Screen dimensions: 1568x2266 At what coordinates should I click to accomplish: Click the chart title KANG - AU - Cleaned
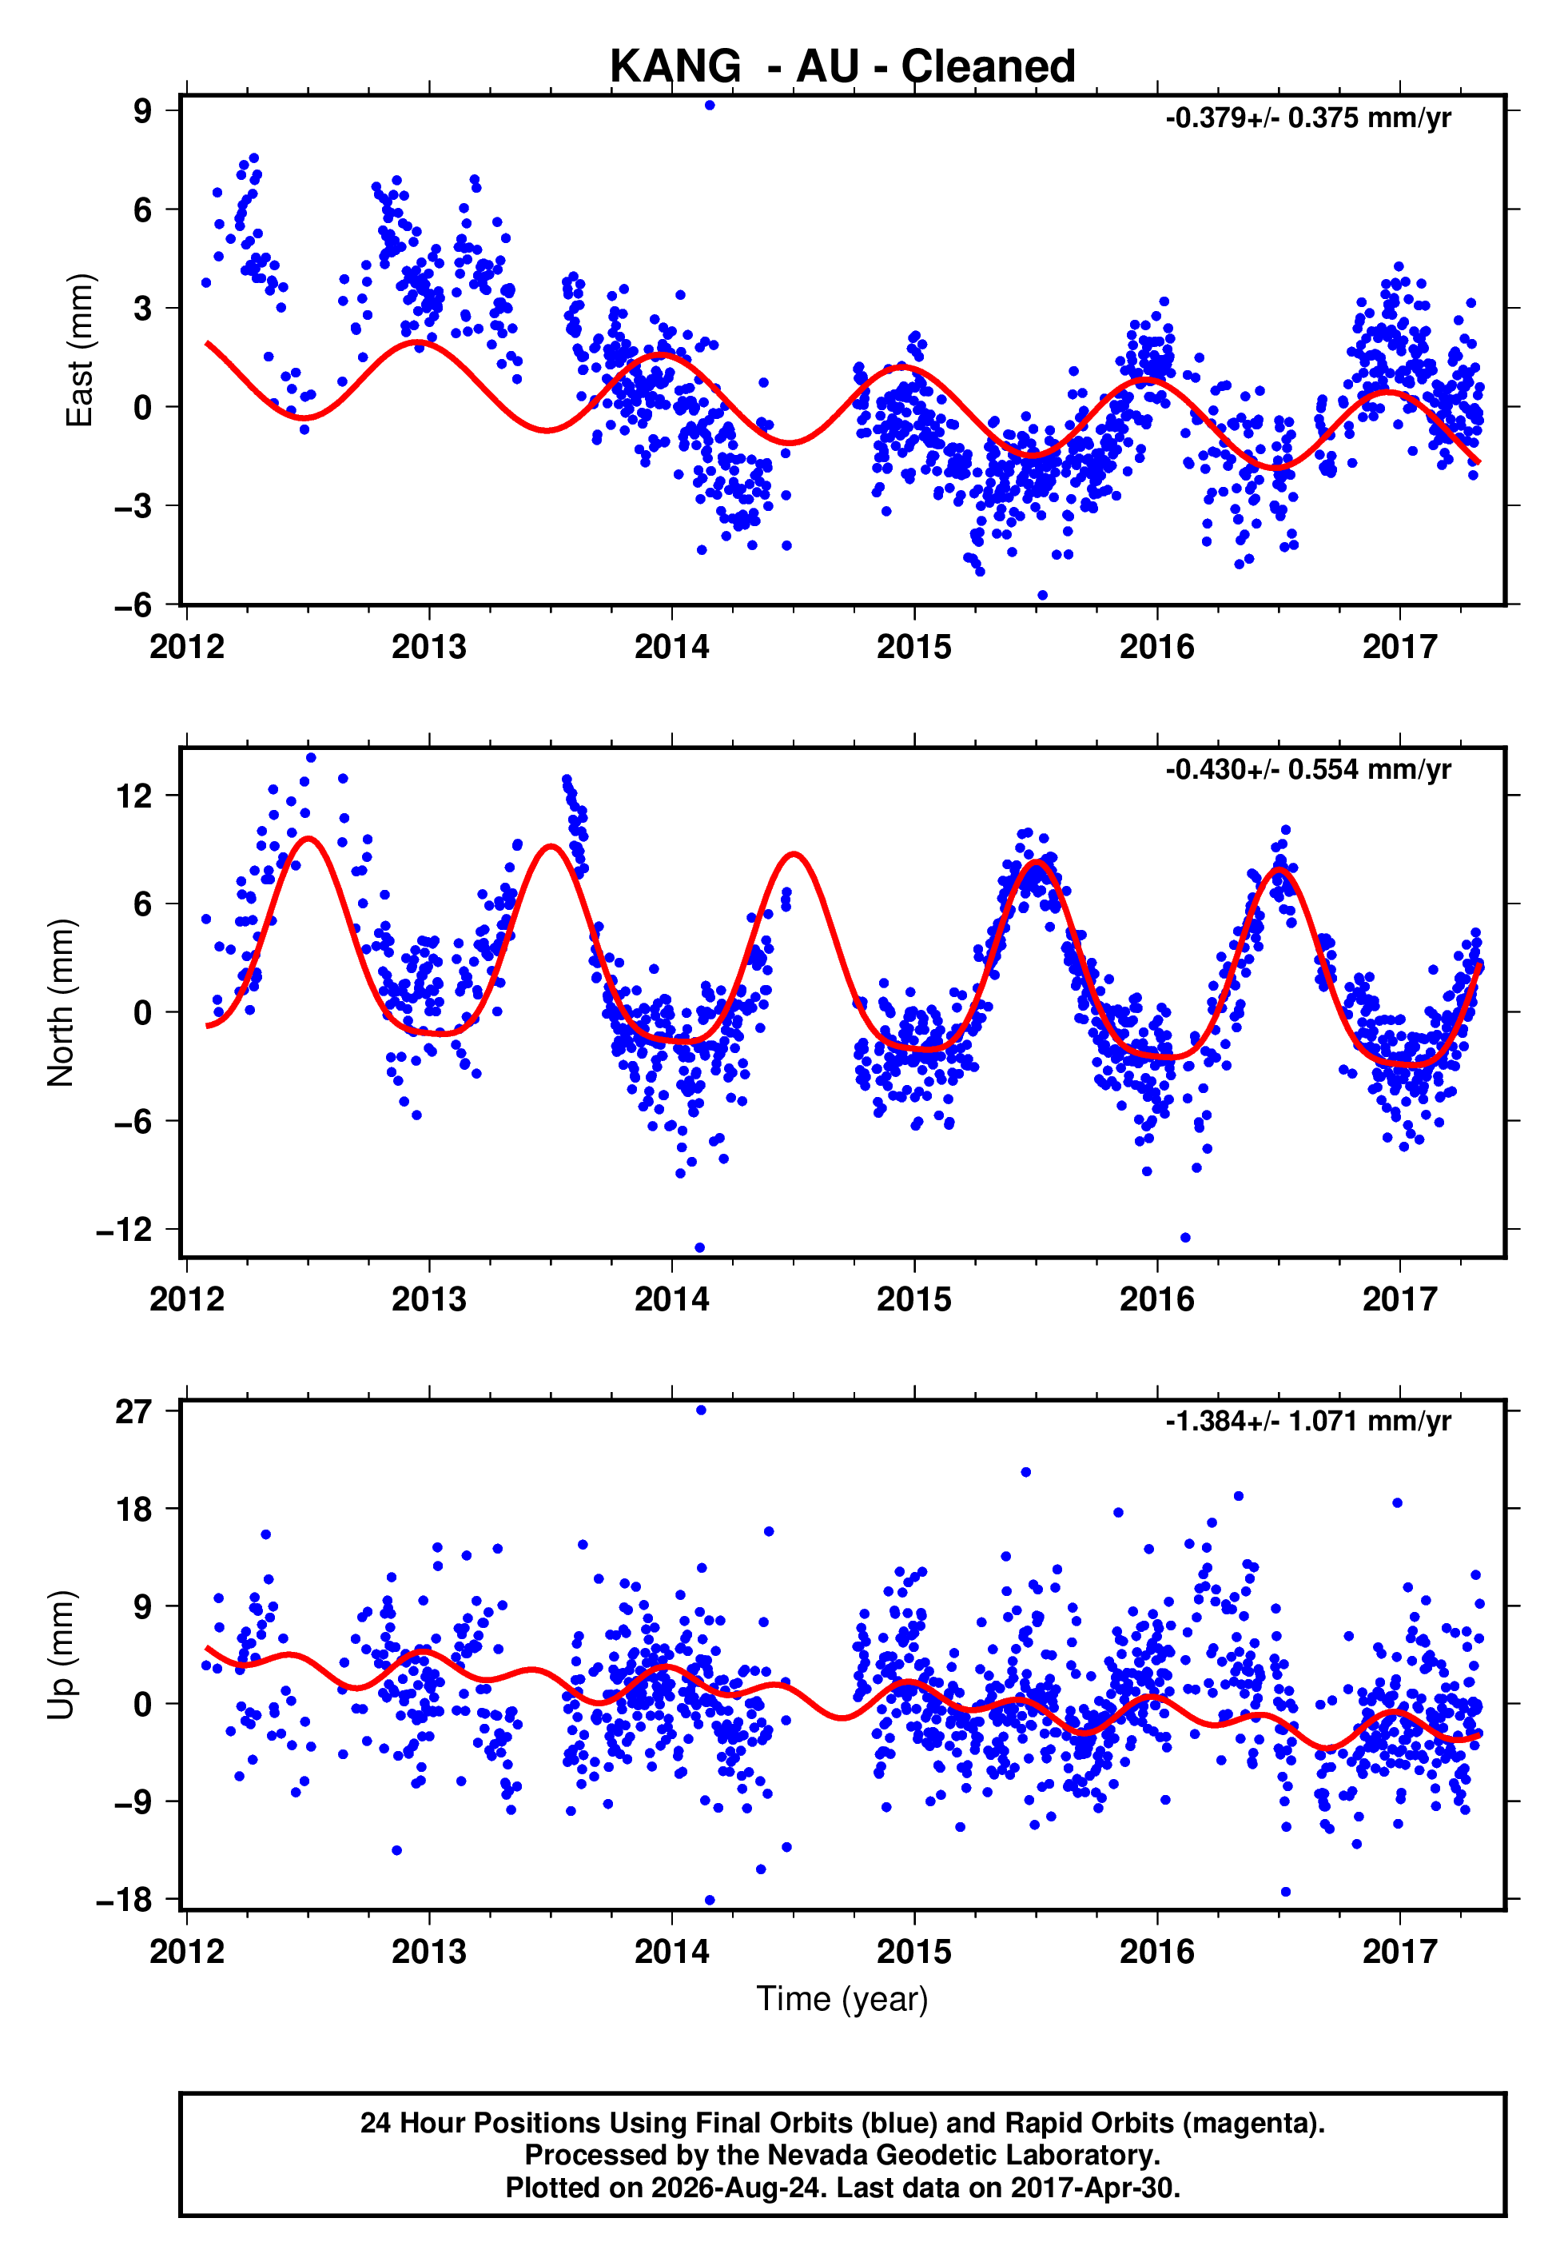842,67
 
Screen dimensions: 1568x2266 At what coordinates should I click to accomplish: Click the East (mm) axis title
78,351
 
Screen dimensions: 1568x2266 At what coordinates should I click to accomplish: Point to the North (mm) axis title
60,1003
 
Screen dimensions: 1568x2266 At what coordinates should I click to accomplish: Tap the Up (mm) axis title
60,1655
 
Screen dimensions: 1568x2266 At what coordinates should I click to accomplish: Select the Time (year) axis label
842,1999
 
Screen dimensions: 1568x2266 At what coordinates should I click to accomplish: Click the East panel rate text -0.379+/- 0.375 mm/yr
1307,118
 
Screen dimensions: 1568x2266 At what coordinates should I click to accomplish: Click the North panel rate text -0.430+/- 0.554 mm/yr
1307,769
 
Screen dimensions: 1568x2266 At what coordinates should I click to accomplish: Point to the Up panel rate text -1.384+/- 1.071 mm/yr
1307,1421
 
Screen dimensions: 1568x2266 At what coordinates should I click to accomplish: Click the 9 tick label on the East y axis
143,110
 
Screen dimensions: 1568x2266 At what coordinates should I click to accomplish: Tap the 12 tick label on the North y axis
134,796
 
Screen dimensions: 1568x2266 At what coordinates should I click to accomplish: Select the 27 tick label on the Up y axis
134,1412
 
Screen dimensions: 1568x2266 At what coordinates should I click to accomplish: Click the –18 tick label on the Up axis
125,1900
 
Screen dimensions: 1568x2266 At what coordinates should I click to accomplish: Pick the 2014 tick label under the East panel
671,647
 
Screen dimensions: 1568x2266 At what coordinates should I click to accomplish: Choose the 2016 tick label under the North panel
1156,1299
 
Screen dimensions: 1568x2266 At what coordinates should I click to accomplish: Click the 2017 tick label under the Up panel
1399,1951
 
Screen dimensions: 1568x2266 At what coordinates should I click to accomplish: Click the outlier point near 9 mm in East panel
710,105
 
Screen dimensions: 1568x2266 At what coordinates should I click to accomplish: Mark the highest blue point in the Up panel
701,1410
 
